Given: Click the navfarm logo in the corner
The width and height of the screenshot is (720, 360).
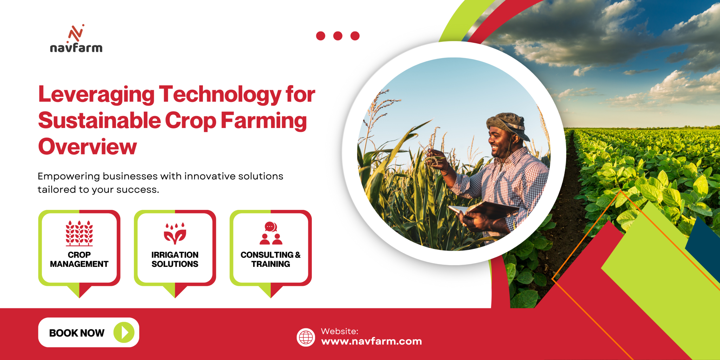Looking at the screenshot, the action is coord(76,39).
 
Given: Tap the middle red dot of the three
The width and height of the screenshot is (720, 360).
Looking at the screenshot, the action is coord(338,36).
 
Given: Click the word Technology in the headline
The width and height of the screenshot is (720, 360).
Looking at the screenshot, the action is coord(220,95).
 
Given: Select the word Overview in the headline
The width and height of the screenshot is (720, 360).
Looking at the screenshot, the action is coord(88,147).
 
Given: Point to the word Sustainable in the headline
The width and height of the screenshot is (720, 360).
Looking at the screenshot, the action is coord(99,121).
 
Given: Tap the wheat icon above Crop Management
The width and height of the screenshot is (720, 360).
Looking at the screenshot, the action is coord(79,233).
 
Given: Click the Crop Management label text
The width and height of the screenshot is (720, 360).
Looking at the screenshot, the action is coord(79,259).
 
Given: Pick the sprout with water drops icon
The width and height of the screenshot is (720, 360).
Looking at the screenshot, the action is coord(175,233).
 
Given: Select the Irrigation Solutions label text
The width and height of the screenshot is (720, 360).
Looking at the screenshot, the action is coord(175,259).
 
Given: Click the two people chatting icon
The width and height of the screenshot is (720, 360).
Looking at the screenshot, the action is coord(271,233).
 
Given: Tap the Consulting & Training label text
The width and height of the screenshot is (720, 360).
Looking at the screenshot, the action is coord(271,259).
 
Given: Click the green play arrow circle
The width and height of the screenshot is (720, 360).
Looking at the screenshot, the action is coord(124,332).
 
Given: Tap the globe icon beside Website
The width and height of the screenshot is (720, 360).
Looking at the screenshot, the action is coord(306,337).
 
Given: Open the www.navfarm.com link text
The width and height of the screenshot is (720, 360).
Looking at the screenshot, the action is coord(372,341).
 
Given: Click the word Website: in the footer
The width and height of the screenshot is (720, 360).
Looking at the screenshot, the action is coord(340,331).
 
